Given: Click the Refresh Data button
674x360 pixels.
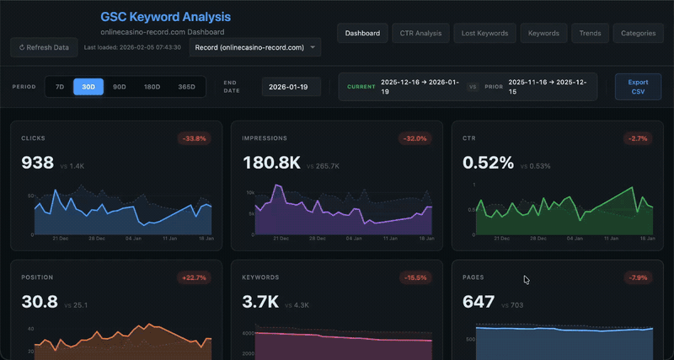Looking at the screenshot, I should coord(44,47).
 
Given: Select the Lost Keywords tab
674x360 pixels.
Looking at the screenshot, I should coord(484,33).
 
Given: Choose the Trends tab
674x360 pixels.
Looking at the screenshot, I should coord(590,33).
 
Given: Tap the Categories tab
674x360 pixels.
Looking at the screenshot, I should coord(638,33).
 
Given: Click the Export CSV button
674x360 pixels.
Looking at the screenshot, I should coord(638,86).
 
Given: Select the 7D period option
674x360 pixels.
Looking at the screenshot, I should coord(59,86).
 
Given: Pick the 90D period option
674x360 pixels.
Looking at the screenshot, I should coord(120,86).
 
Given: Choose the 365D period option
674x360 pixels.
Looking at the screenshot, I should coord(185,86).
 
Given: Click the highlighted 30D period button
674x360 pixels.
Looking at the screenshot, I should coord(88,86).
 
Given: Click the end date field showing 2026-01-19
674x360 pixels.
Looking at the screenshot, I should coord(291,86).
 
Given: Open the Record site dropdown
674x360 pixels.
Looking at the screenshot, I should coord(254,47).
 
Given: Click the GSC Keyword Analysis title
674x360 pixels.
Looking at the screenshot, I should coord(165,17).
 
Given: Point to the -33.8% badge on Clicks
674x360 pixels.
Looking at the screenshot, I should coord(194,138).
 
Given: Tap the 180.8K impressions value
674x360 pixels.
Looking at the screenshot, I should coord(270,163).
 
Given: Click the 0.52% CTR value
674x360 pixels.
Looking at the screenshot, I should coord(488,163).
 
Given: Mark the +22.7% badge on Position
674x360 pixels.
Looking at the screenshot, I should coord(194,277).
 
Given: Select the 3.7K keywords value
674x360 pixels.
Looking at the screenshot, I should coord(260,302).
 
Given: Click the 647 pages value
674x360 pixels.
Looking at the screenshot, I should coord(479,302).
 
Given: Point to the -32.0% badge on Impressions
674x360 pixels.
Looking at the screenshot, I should coord(415,138).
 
